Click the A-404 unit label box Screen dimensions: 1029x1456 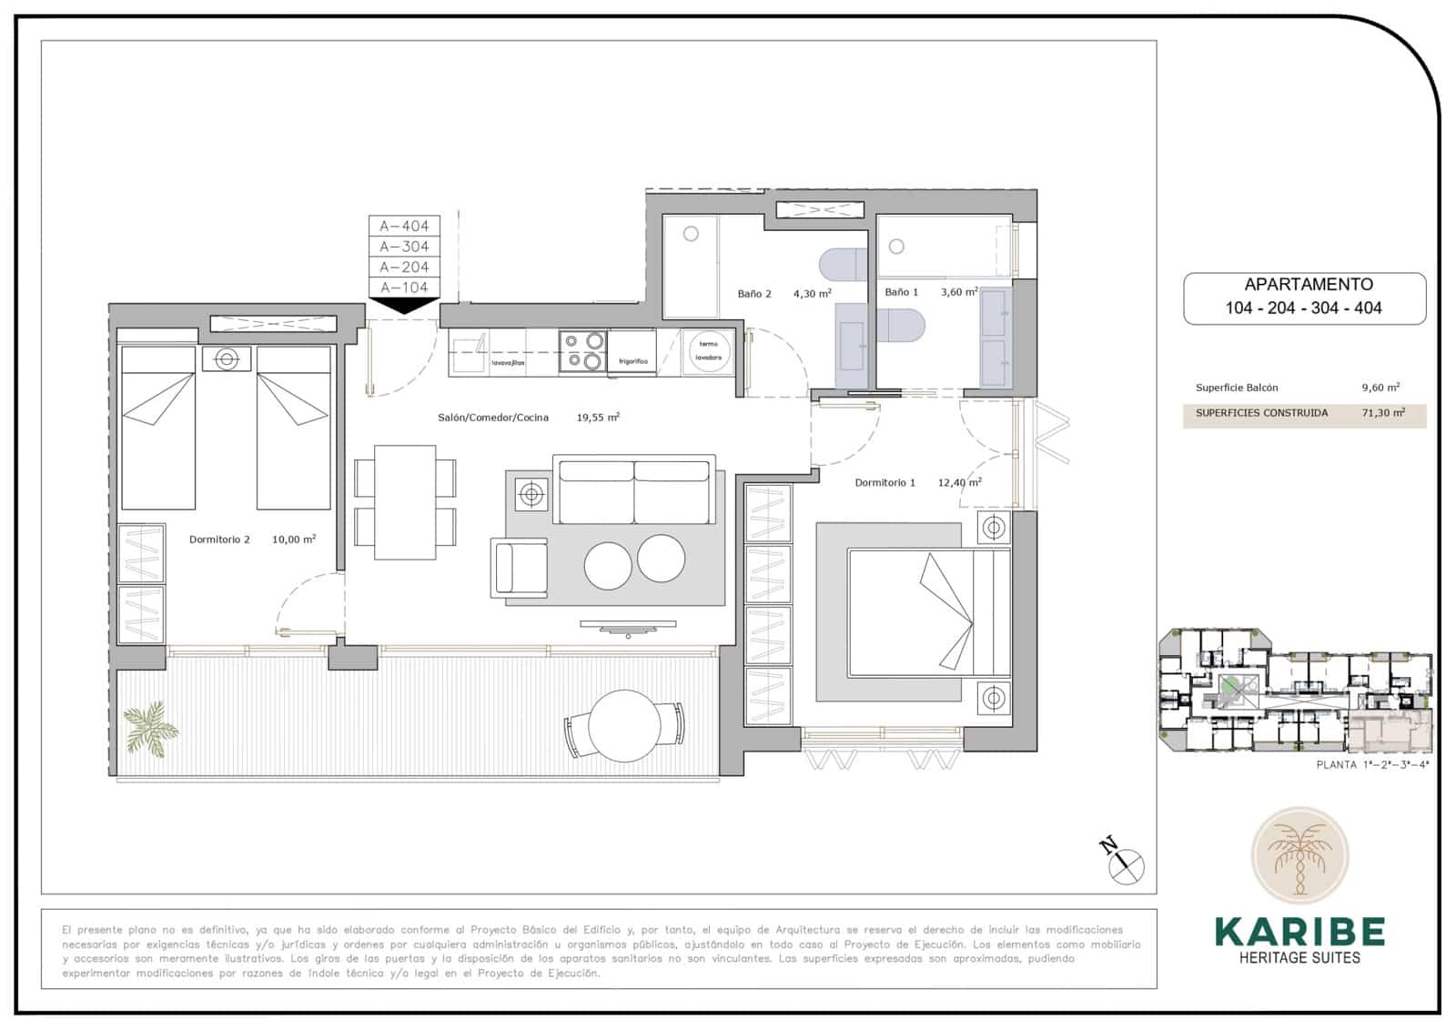pos(404,226)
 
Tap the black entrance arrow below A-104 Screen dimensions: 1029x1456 pos(404,306)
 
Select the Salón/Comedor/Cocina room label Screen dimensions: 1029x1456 pos(493,418)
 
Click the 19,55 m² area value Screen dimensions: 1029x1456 pos(598,418)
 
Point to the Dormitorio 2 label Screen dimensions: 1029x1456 pos(219,540)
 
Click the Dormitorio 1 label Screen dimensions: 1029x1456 pos(885,483)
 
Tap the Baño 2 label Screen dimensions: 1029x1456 pos(754,294)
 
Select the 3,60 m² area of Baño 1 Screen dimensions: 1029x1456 pos(959,292)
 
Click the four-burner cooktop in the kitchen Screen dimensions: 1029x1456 pos(583,351)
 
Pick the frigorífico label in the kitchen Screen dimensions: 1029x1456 pos(632,361)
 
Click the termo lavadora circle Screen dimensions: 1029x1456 pos(709,350)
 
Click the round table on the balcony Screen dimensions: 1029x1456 pos(624,726)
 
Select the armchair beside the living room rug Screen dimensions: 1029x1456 pos(520,568)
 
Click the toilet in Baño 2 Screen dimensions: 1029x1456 pos(845,265)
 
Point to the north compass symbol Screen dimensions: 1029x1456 pos(1127,861)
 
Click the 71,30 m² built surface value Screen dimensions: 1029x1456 pos(1383,413)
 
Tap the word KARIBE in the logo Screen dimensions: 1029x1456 pos(1299,933)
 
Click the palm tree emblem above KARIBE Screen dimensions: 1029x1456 pos(1299,856)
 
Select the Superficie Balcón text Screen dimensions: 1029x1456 pos(1237,388)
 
